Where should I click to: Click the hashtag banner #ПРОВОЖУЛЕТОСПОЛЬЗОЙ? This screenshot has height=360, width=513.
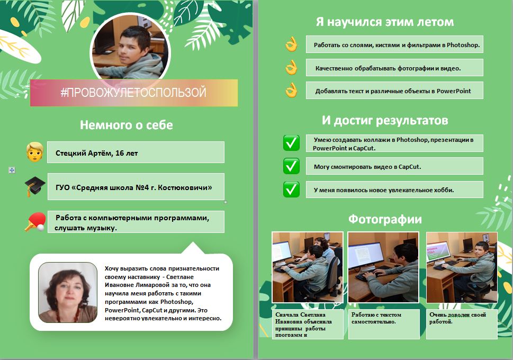click(133, 93)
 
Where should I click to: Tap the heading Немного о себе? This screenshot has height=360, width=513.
click(126, 125)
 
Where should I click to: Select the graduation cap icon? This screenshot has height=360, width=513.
click(35, 186)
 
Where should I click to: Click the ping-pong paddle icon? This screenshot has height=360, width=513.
click(35, 221)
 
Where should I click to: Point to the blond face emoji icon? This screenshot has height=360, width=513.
click(34, 152)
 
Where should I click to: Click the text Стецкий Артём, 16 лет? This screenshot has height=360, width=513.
click(97, 153)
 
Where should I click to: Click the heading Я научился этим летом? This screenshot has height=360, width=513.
click(384, 22)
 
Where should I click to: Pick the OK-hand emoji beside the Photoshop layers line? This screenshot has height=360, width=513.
click(291, 44)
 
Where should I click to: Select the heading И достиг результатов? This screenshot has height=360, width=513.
click(384, 120)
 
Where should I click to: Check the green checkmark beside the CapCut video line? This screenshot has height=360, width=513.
click(291, 166)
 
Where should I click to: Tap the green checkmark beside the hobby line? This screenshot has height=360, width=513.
click(291, 189)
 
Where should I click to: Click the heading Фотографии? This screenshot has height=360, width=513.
click(384, 219)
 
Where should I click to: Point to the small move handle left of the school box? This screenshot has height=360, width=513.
click(12, 170)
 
